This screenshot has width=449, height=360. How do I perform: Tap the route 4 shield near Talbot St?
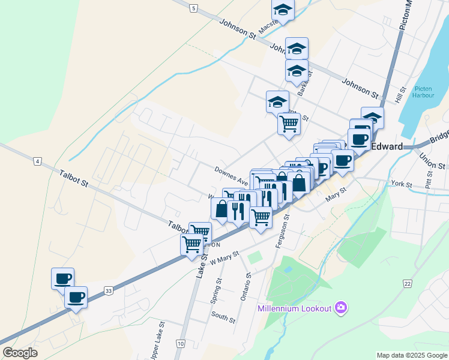[x=37, y=161]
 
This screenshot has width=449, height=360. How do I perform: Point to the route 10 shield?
[x=180, y=343]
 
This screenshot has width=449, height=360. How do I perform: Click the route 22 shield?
[x=408, y=283]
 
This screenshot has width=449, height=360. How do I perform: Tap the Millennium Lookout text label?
[x=294, y=308]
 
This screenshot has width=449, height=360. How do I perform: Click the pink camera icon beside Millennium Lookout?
[x=342, y=308]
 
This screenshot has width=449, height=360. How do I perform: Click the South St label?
[x=223, y=316]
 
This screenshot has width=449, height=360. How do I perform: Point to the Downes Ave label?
[x=231, y=176]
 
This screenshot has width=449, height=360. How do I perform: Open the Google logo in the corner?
[x=20, y=353]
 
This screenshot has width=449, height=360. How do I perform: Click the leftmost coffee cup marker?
[x=62, y=278]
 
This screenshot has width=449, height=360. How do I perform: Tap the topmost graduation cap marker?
[x=283, y=10]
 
